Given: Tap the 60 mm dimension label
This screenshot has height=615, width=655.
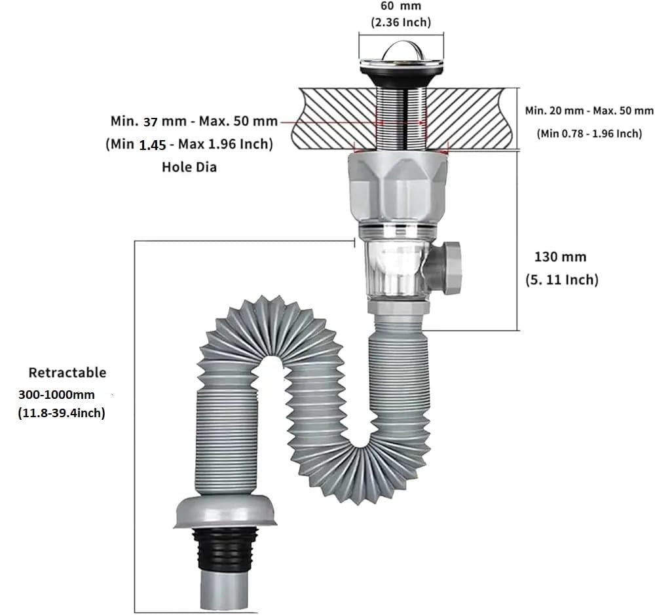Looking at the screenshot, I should click(x=400, y=6).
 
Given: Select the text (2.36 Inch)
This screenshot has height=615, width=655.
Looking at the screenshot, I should click(x=401, y=22).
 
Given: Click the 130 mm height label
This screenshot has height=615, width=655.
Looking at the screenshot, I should click(x=560, y=257).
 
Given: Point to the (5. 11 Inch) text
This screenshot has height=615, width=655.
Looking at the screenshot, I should click(x=562, y=280).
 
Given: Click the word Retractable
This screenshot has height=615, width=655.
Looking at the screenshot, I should click(x=67, y=373).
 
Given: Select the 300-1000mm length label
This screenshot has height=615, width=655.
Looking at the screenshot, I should click(x=58, y=395).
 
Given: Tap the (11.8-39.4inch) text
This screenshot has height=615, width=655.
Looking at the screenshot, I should click(x=62, y=413).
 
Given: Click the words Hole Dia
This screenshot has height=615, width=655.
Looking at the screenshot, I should click(x=189, y=167).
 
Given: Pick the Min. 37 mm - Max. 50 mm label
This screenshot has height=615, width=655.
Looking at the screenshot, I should click(x=194, y=121).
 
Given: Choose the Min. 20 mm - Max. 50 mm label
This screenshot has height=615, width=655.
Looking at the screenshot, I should click(x=589, y=111).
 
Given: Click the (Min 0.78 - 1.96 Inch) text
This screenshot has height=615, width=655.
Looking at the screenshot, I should click(x=589, y=134).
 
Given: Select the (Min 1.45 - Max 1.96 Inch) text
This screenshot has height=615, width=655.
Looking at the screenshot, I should click(x=189, y=144).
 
